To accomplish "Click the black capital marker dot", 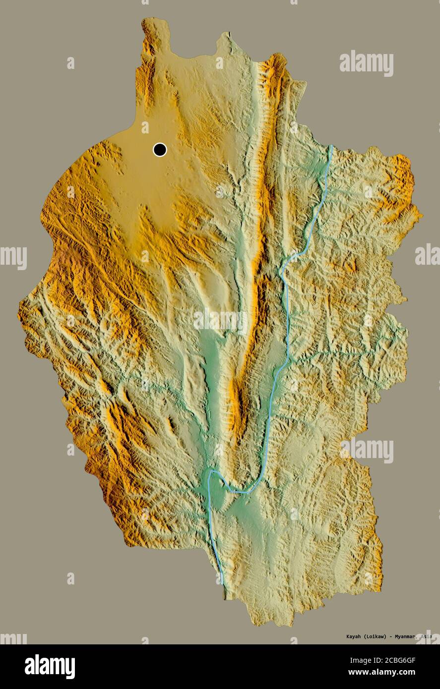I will [160, 149].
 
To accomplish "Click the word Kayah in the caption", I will [341, 636].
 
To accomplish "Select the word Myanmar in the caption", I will [403, 636].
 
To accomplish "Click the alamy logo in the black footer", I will [50, 666].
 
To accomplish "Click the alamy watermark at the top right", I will [367, 64].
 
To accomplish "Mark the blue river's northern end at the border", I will [331, 146].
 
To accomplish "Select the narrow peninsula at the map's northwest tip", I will [149, 35].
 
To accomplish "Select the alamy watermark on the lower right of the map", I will [367, 450].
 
